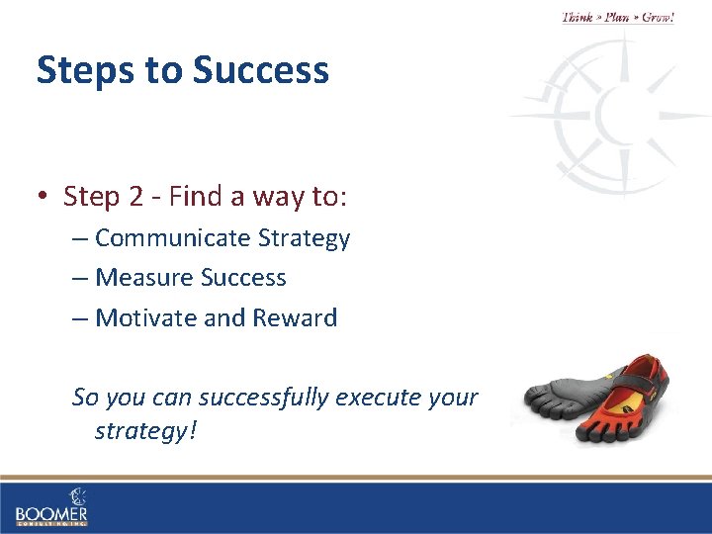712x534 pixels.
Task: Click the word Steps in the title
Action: point(80,71)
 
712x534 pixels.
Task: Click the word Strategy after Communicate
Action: point(304,238)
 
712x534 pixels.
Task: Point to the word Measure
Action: point(144,278)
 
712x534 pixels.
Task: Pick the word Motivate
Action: point(146,317)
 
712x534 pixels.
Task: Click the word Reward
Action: point(296,317)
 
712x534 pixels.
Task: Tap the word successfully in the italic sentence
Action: point(264,398)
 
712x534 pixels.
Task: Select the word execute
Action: point(381,398)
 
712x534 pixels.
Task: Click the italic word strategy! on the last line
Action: point(146,432)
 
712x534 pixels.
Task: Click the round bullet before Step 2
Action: point(44,197)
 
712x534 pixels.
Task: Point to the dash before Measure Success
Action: point(80,279)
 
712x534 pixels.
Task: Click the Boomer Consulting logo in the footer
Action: point(51,506)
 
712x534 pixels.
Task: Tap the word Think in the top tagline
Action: point(578,18)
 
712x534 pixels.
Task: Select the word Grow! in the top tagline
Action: point(658,18)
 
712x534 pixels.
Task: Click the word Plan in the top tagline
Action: point(617,18)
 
